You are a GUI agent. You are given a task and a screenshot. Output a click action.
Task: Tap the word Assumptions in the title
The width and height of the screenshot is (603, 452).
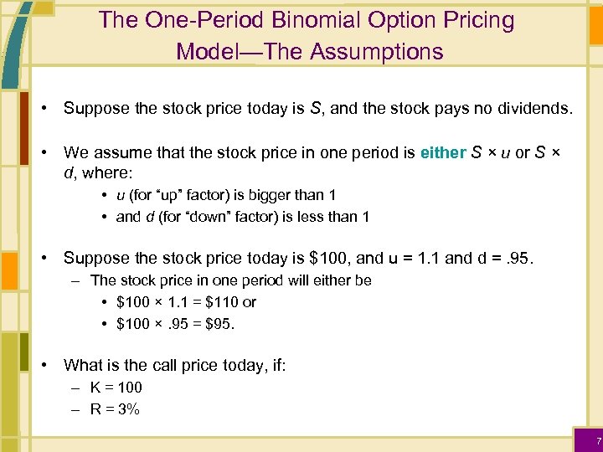(376, 52)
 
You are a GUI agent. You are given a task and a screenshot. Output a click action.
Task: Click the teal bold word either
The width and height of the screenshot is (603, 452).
(442, 152)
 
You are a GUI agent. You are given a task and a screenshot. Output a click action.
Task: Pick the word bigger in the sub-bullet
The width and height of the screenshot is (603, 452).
(259, 195)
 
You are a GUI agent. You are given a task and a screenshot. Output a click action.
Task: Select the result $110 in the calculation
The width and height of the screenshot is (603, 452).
(221, 302)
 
